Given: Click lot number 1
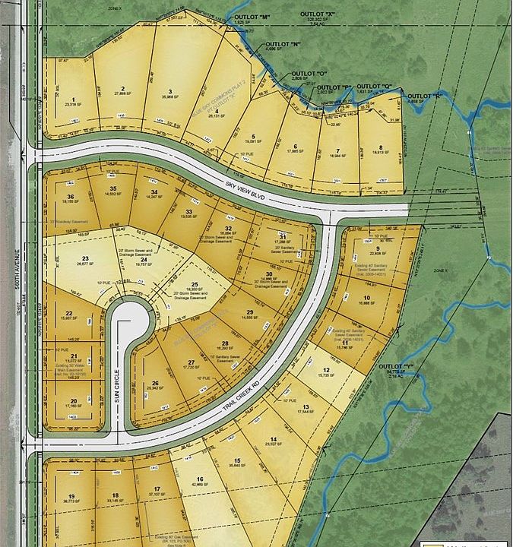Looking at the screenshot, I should tap(74, 100).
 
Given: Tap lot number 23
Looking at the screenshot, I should tap(85, 258).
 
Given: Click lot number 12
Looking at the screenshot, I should tap(326, 369).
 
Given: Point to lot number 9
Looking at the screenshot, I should tap(376, 248).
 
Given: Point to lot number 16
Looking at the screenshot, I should tap(200, 479).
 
